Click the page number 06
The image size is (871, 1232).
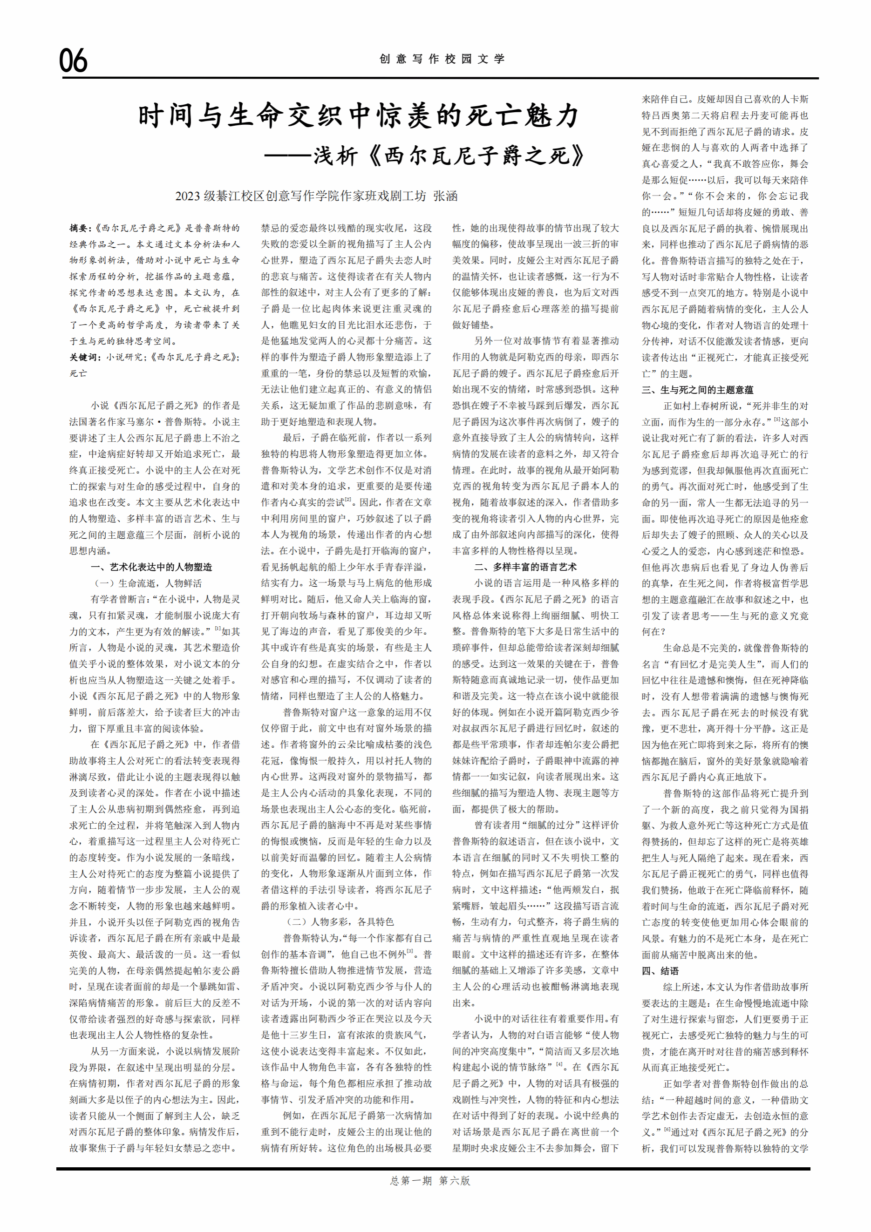point(73,60)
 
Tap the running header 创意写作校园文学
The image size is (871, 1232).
point(442,59)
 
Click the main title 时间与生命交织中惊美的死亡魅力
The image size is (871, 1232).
point(359,115)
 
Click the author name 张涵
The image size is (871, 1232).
point(445,196)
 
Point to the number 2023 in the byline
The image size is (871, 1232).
point(187,196)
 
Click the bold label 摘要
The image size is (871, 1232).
point(81,228)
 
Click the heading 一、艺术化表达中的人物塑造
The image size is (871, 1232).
point(151,567)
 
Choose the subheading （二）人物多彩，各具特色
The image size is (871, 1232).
point(340,921)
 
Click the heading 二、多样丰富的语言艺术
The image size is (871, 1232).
point(525,567)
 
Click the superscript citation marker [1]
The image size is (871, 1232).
point(218,629)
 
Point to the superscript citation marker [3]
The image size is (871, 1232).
point(409,951)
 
